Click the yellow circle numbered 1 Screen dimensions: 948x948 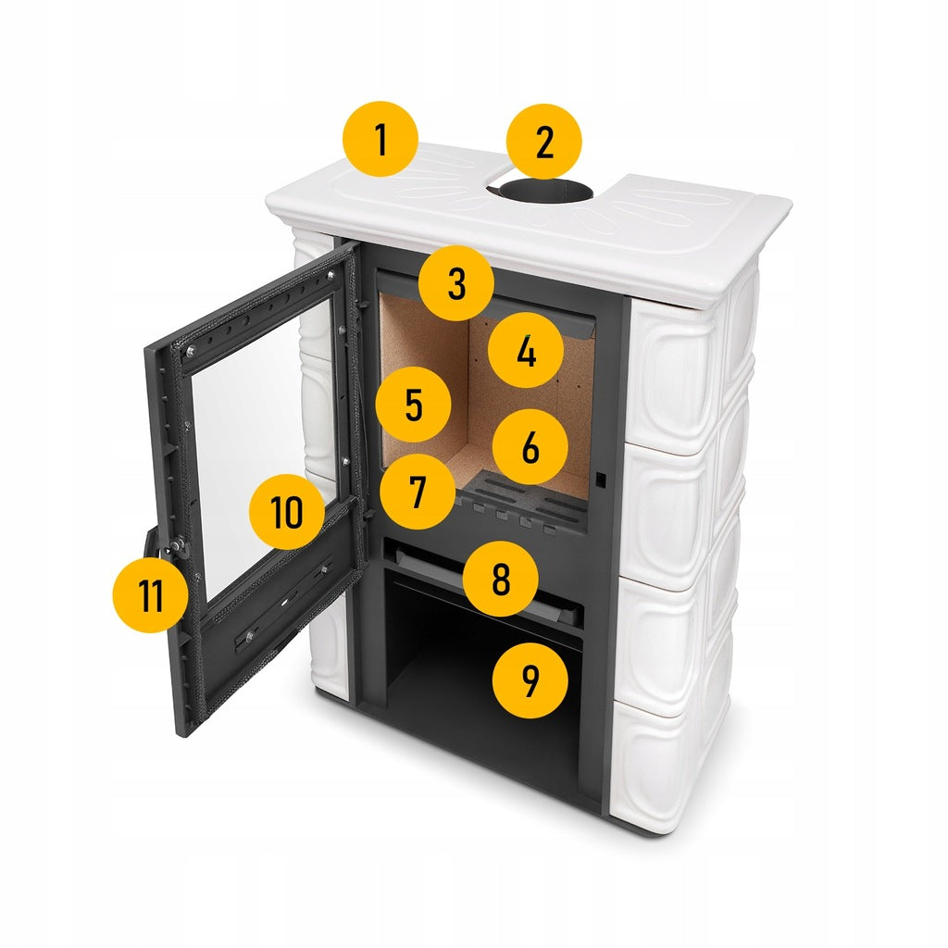(380, 139)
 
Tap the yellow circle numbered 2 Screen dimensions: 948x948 (544, 142)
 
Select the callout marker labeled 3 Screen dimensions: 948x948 (456, 283)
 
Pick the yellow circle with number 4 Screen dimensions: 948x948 (526, 350)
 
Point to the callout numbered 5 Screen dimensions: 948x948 (414, 405)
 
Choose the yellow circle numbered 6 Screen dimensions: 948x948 (530, 447)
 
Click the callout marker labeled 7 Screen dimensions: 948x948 (418, 492)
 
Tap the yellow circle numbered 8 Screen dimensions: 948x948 (501, 579)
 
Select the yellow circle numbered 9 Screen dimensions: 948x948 (530, 680)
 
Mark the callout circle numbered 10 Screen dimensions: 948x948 (287, 512)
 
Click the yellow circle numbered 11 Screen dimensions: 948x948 (151, 595)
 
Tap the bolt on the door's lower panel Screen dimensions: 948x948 (249, 636)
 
